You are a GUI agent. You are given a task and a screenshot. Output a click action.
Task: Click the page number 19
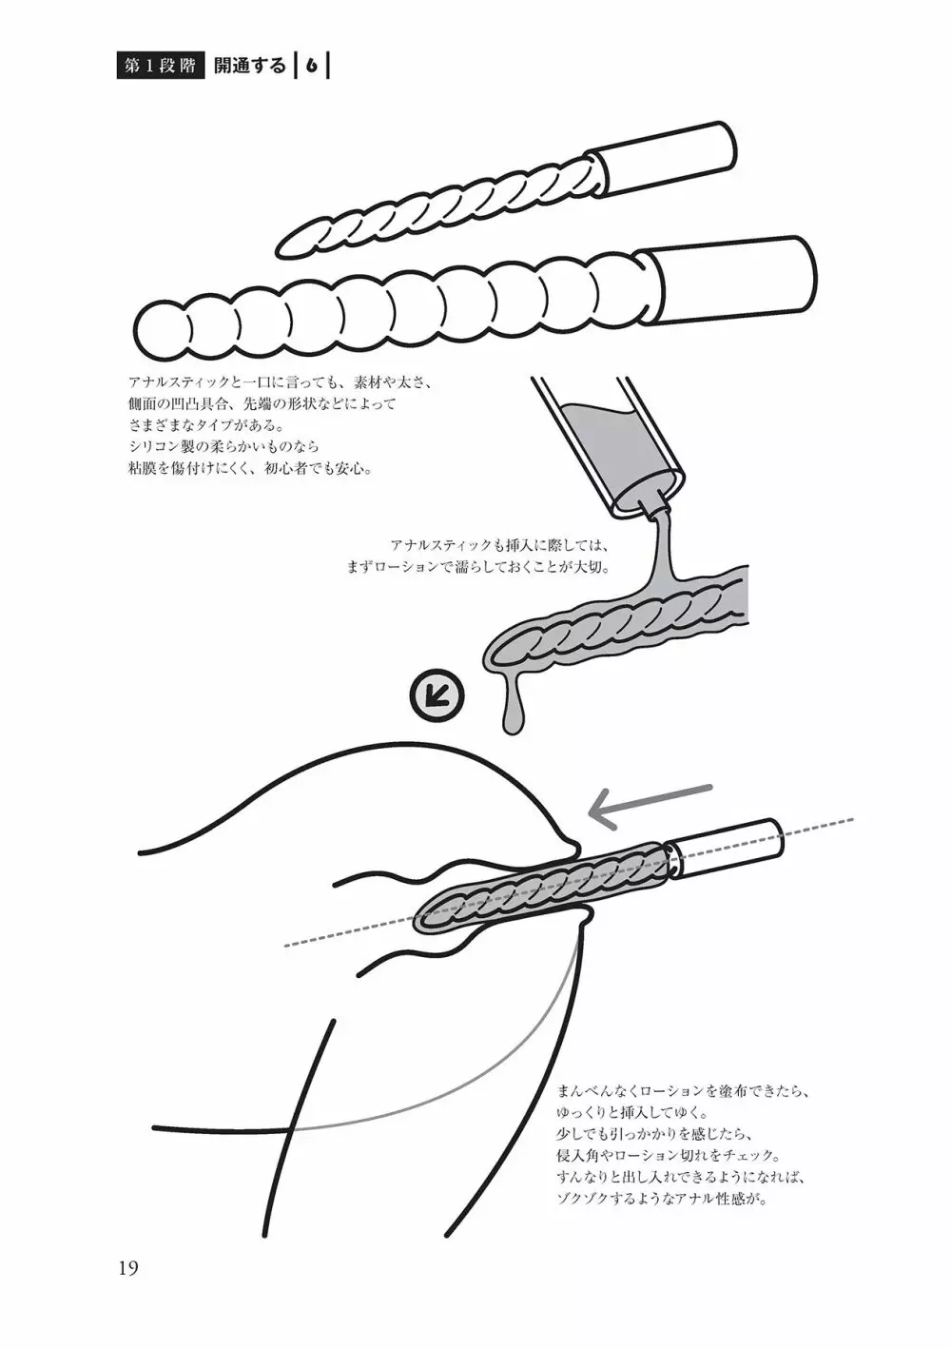(128, 1268)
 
